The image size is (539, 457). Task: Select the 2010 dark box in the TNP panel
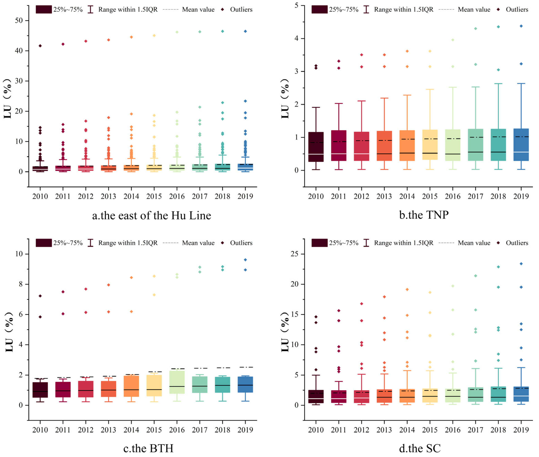(x=316, y=147)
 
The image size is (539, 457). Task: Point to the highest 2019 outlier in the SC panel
(x=521, y=264)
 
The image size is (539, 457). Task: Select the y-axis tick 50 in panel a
(x=19, y=21)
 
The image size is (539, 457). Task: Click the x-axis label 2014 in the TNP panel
(x=407, y=196)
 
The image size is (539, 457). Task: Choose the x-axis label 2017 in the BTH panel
(x=200, y=430)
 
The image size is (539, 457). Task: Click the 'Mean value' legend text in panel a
(x=198, y=10)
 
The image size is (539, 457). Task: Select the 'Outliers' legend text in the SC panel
(x=517, y=243)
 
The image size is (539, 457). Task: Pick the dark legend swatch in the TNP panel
(x=319, y=10)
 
